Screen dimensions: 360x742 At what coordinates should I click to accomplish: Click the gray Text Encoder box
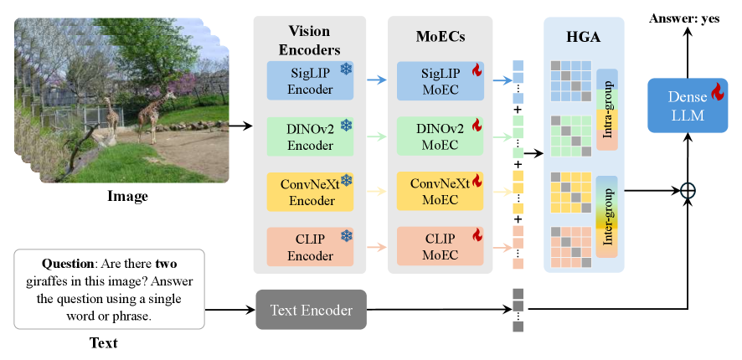pyautogui.click(x=311, y=310)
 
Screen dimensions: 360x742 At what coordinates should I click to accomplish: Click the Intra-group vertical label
pyautogui.click(x=606, y=110)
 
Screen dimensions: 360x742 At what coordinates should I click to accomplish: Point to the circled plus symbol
pyautogui.click(x=688, y=191)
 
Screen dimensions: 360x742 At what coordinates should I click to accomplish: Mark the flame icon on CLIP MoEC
pyautogui.click(x=477, y=236)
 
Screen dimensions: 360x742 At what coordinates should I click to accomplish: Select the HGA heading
pyautogui.click(x=583, y=38)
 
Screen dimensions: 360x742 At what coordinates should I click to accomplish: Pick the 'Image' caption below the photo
pyautogui.click(x=127, y=197)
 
